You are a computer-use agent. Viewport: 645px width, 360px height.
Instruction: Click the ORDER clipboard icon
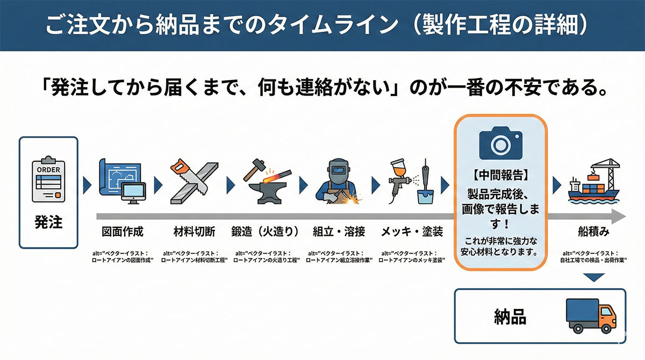pos(48,179)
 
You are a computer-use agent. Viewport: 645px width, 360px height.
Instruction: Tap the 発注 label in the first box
pos(48,222)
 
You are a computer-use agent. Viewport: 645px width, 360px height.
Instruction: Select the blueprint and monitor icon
pos(123,181)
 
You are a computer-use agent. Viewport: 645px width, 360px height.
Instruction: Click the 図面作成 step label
pos(123,232)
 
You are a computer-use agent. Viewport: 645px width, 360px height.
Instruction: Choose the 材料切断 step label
pos(195,232)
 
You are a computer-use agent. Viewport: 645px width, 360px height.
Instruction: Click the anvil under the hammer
pos(268,193)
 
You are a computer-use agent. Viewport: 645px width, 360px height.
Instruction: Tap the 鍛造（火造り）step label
pos(265,232)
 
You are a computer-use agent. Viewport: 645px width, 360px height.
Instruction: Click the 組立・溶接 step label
pos(339,232)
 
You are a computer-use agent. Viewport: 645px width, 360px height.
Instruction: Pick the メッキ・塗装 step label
pos(412,232)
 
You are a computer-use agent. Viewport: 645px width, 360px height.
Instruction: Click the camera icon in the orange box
pos(500,143)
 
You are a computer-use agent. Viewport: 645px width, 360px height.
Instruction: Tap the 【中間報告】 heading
pos(500,175)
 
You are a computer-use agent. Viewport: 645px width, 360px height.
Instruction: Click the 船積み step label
pos(594,232)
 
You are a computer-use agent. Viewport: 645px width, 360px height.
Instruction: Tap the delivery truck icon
pos(591,316)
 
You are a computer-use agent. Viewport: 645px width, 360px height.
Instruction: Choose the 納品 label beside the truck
pos(510,317)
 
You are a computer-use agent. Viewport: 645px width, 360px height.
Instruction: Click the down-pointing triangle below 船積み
pos(594,277)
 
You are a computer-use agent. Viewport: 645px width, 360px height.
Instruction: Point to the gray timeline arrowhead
pos(618,217)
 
